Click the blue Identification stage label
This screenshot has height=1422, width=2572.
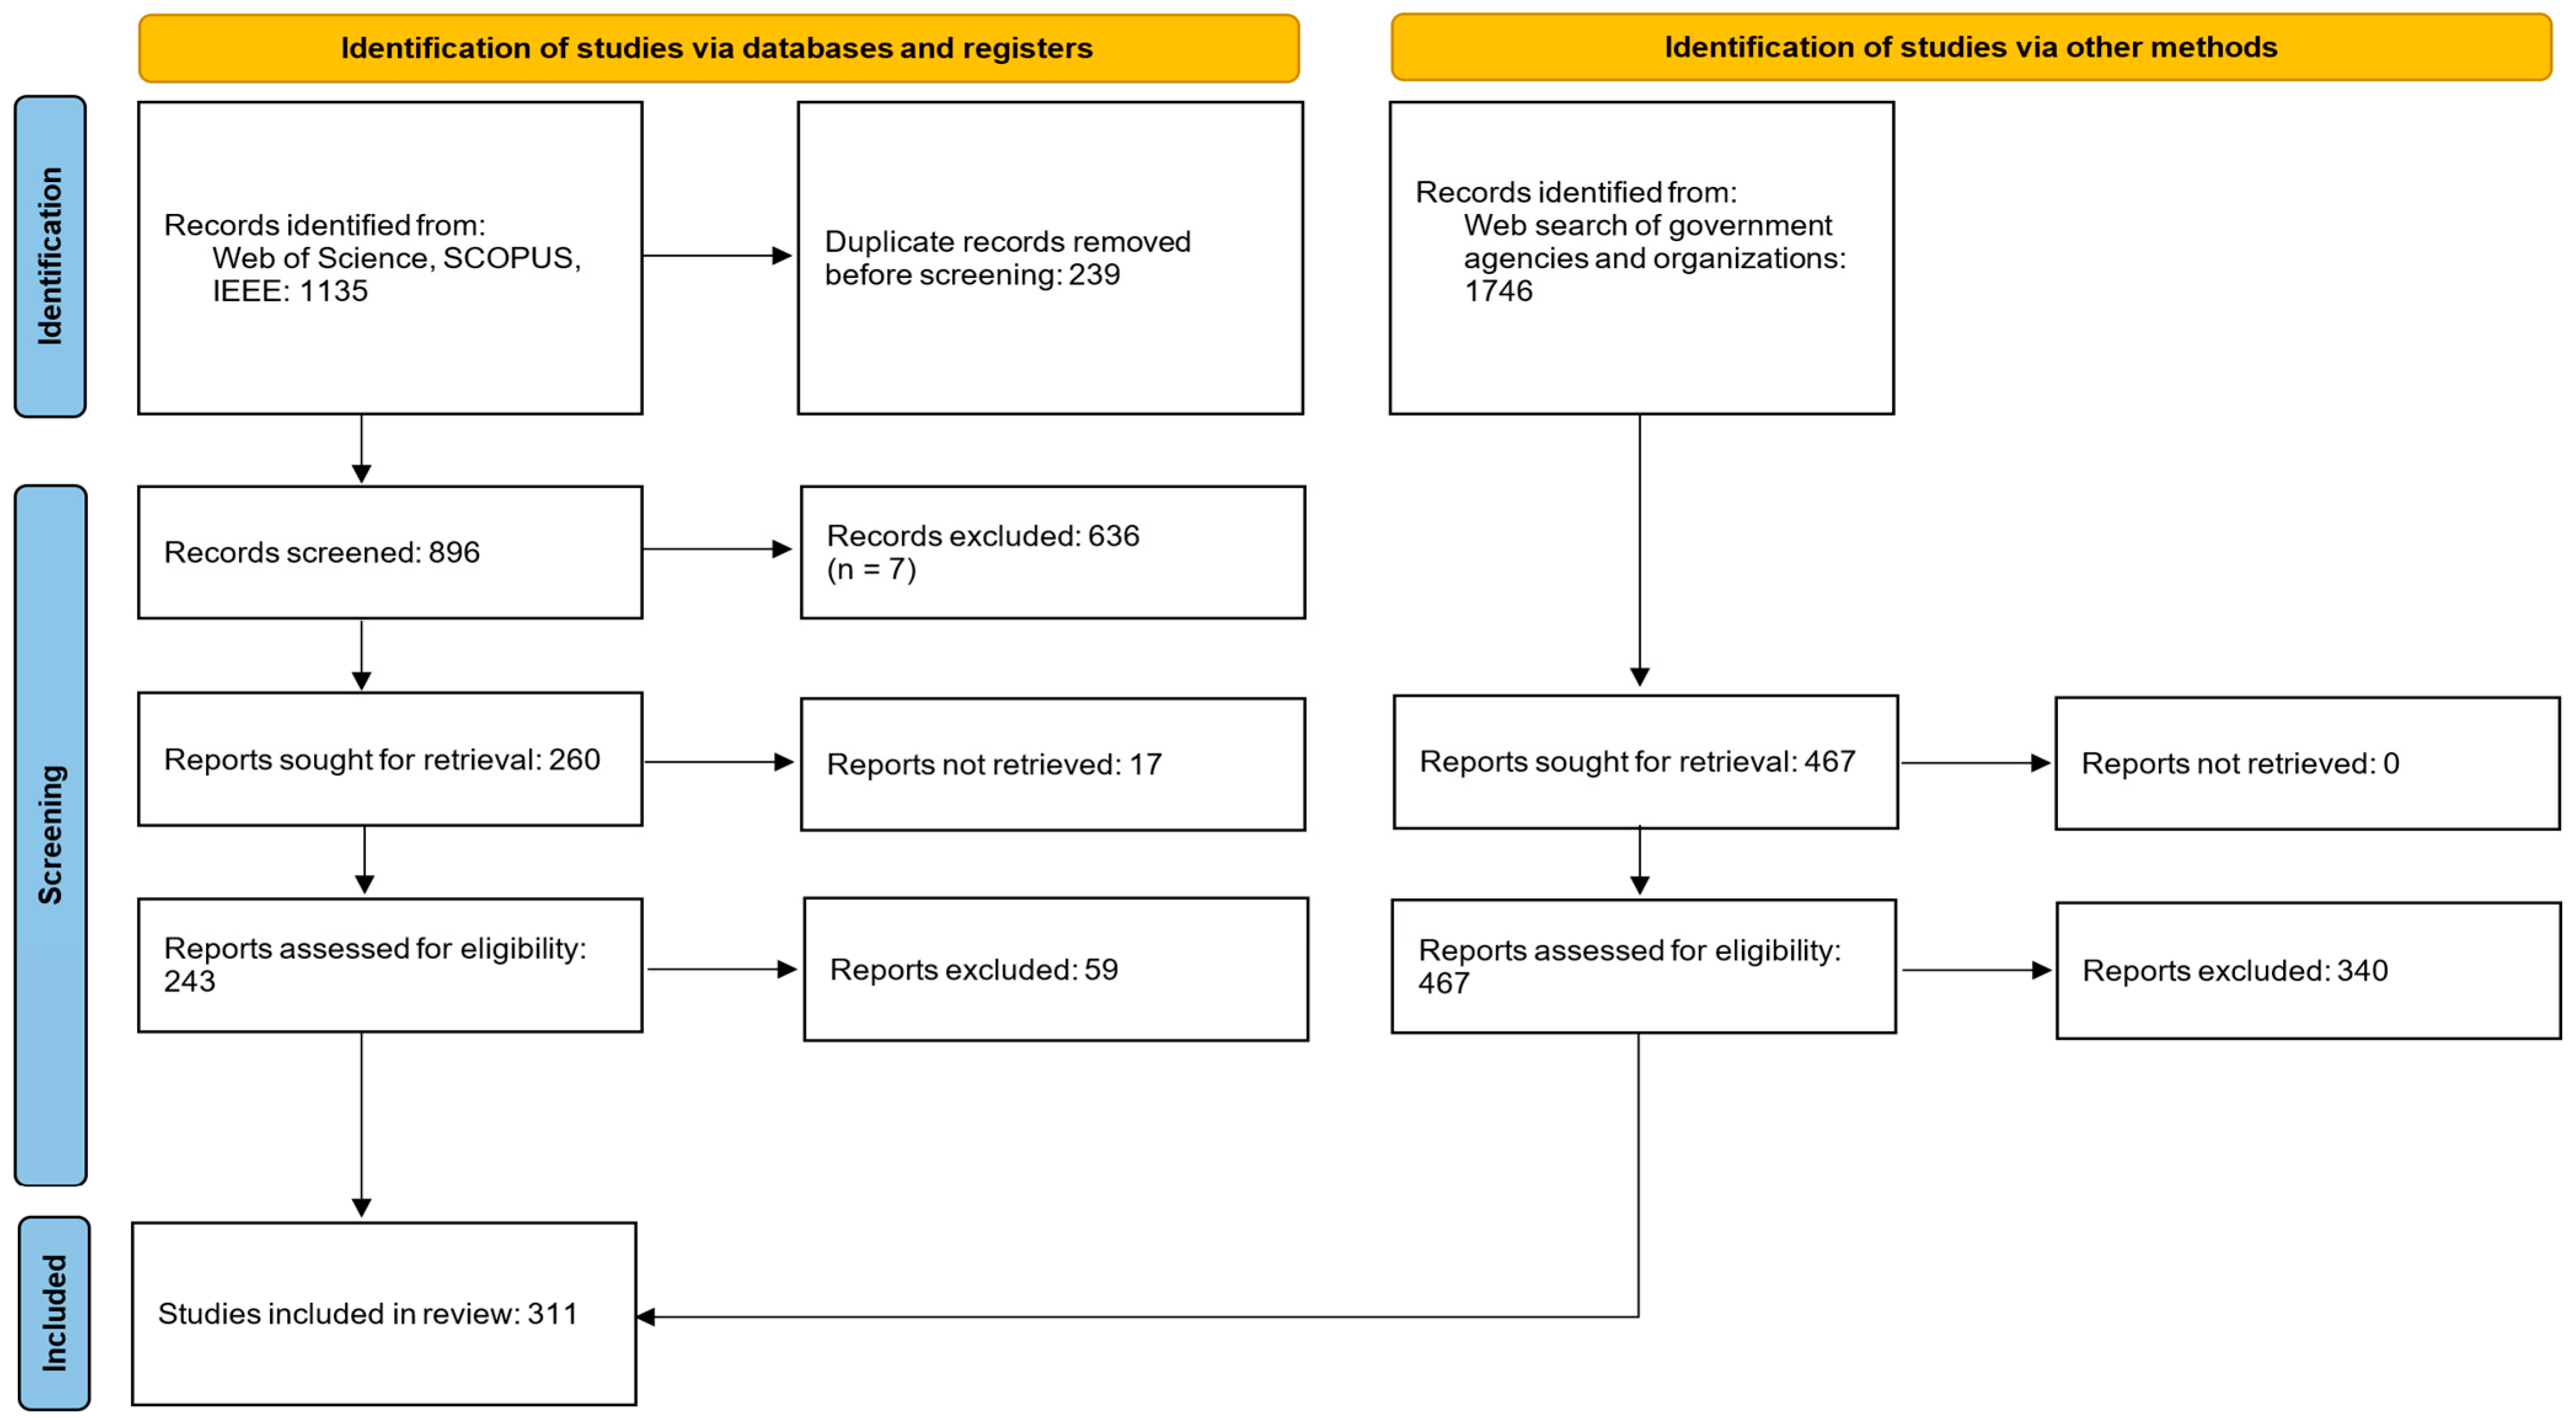coord(50,256)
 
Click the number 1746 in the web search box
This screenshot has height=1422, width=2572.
coord(1497,291)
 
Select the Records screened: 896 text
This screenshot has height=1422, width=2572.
coord(321,552)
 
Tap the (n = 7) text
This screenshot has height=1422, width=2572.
coord(870,569)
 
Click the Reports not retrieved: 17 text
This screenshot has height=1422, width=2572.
coord(993,765)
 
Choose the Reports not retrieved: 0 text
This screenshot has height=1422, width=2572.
coord(2239,764)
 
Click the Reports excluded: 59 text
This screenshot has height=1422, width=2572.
coord(974,970)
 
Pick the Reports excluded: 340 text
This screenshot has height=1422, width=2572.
coord(2235,971)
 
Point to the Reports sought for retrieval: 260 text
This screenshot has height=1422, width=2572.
coord(381,760)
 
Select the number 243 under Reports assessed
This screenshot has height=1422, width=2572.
coord(190,982)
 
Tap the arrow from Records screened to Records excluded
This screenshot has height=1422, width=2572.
coord(717,549)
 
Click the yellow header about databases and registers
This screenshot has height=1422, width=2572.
coord(718,48)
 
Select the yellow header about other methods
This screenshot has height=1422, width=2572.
coord(1970,47)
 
